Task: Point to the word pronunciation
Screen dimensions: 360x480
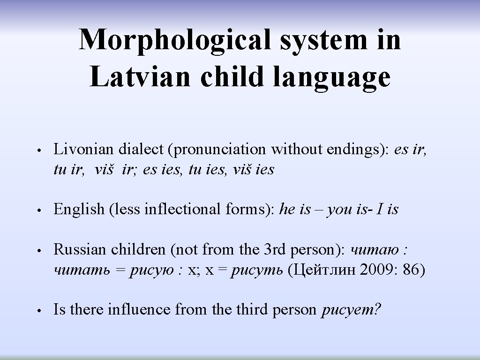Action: point(220,149)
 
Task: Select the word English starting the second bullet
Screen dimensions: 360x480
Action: point(78,209)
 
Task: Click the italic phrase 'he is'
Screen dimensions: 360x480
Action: point(295,209)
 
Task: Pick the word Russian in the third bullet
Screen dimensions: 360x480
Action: point(80,249)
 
